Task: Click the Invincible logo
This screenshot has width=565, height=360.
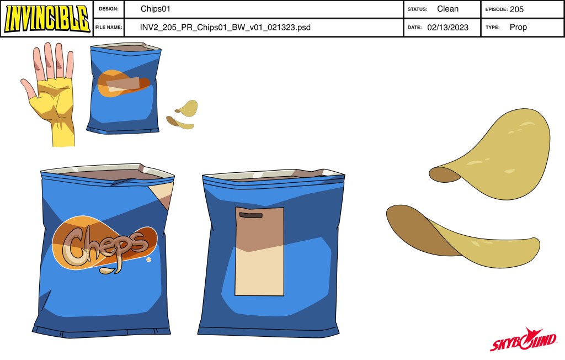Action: coord(47,18)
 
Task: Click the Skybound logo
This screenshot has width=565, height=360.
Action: coord(523,339)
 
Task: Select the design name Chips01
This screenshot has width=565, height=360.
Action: coord(155,9)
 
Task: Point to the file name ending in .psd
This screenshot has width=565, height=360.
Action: coord(225,28)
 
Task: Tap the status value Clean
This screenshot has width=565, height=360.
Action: coord(447,9)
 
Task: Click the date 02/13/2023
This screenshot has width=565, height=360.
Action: coord(447,28)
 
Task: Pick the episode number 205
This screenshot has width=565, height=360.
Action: coord(516,9)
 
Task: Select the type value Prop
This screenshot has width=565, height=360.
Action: coord(518,27)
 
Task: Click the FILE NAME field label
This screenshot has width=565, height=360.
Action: coord(109,28)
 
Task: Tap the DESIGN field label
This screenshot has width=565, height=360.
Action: coord(109,9)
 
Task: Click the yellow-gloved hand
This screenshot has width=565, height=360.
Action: coord(49,94)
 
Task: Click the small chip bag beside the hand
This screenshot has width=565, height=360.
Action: coord(124,89)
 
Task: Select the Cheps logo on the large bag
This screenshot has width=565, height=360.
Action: coord(104,243)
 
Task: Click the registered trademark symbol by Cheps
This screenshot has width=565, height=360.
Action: coord(148,260)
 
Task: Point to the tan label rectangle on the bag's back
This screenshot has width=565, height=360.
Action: coord(259,251)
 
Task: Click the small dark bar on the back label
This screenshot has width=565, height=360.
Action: coord(251,215)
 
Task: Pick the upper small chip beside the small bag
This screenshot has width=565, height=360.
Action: coord(188,108)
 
